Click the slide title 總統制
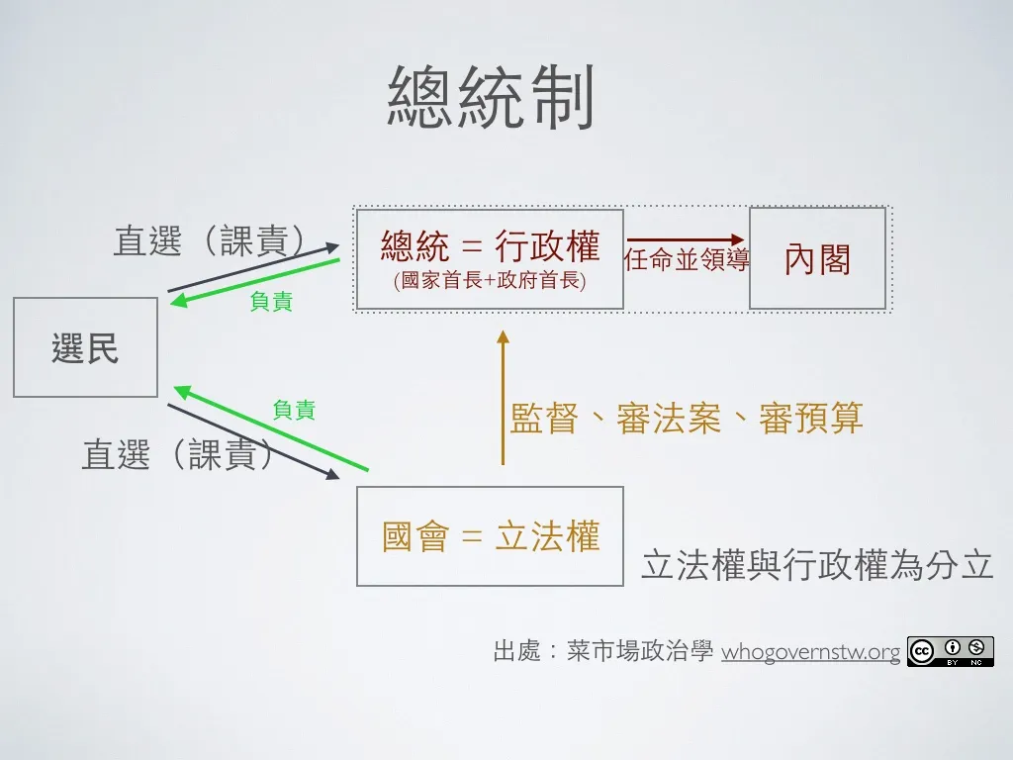pos(491,98)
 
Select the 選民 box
pos(85,347)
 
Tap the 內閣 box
pos(817,258)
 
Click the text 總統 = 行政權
pos(490,245)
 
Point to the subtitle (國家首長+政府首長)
pos(490,281)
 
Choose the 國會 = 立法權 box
pos(490,536)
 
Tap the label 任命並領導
pos(687,260)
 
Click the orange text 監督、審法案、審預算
pos(687,419)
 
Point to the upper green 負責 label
pos(271,302)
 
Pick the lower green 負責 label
pos(294,409)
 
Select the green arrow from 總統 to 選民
pos(254,282)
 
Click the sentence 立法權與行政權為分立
pos(817,564)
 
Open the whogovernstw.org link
pos(811,652)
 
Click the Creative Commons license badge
pos(950,651)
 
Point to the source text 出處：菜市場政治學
pos(602,652)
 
